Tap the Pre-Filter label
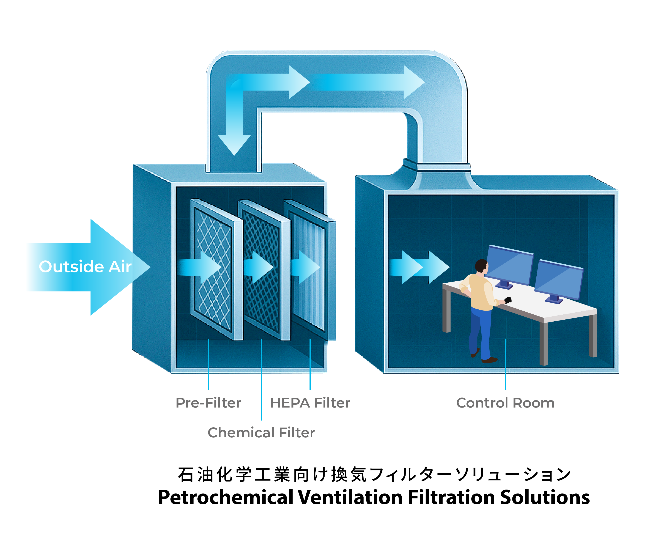208,403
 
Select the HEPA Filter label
310,403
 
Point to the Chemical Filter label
261,433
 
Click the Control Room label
505,403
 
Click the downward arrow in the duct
234,138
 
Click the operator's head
481,266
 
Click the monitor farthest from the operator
558,280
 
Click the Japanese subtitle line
374,475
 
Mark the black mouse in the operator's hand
508,300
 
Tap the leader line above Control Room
505,364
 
